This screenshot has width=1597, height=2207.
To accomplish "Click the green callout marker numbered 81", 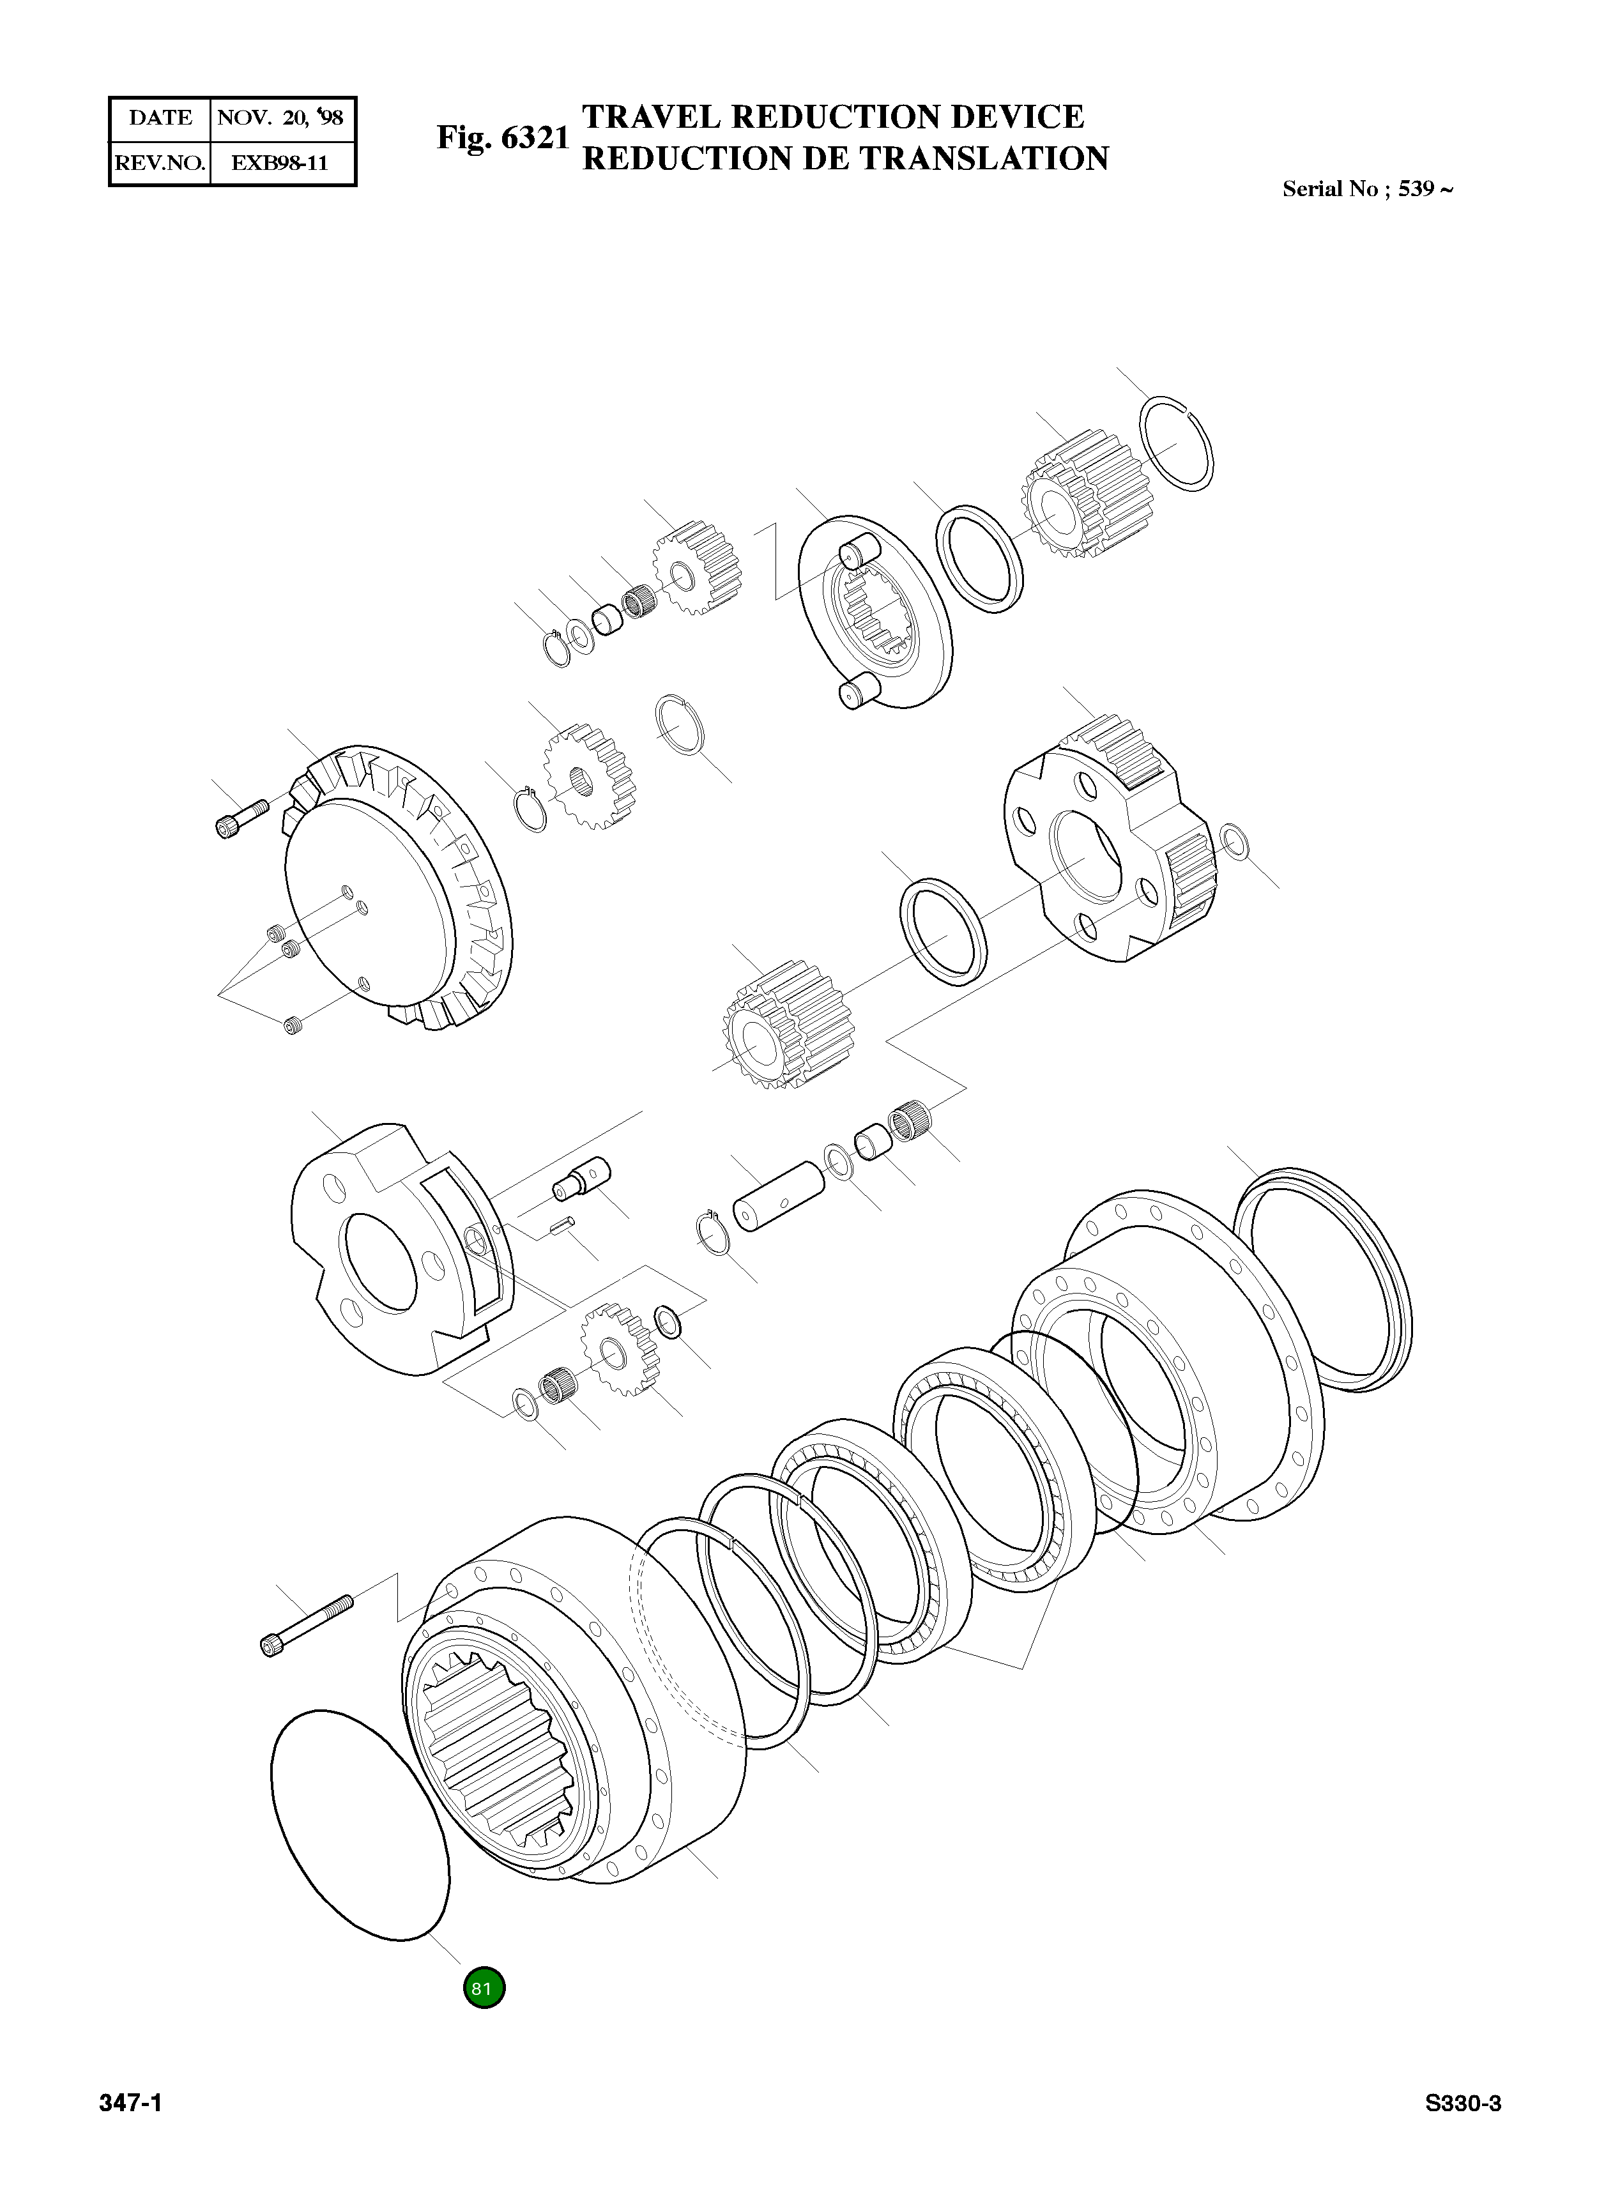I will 484,1988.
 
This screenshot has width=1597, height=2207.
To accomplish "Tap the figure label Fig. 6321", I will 502,138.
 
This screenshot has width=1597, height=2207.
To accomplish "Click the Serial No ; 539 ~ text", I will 1367,190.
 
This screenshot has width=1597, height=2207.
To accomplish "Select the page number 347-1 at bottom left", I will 130,2104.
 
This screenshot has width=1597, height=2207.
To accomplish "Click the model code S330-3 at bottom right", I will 1463,2104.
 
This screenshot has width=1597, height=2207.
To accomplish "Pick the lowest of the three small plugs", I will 292,1025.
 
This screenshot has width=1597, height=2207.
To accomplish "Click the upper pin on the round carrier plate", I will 857,553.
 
